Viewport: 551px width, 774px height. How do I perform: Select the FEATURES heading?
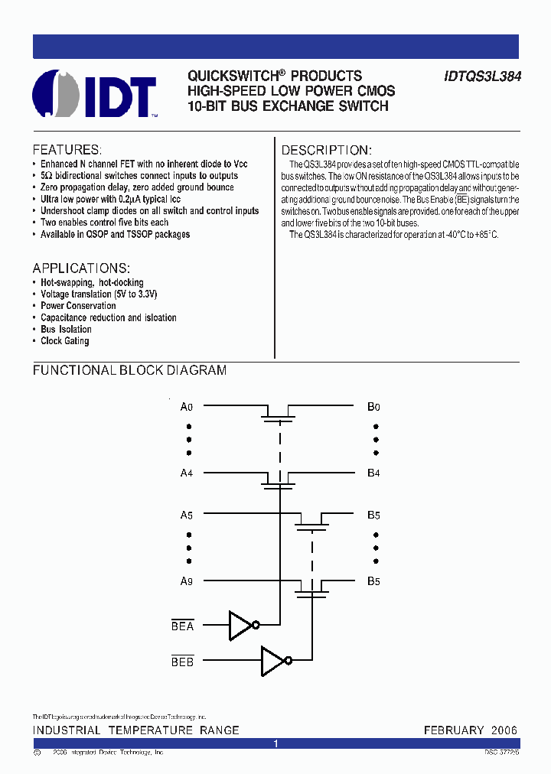pyautogui.click(x=67, y=150)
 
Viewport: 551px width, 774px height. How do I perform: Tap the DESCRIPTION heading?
pyautogui.click(x=326, y=150)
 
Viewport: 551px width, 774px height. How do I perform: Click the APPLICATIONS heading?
pyautogui.click(x=81, y=268)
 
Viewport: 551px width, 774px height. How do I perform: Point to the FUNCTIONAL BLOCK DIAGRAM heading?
pyautogui.click(x=129, y=370)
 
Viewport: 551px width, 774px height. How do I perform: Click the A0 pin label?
pyautogui.click(x=186, y=407)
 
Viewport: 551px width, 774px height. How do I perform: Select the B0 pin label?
pyautogui.click(x=373, y=407)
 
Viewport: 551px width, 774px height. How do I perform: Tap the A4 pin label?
pyautogui.click(x=186, y=473)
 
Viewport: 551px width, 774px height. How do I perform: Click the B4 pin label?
pyautogui.click(x=373, y=473)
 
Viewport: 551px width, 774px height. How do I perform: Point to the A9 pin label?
pyautogui.click(x=186, y=581)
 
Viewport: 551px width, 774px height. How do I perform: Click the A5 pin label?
pyautogui.click(x=186, y=515)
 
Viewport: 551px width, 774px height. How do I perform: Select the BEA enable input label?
pyautogui.click(x=183, y=626)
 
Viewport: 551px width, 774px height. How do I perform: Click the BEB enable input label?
pyautogui.click(x=183, y=662)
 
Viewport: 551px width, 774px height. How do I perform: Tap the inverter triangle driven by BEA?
pyautogui.click(x=240, y=625)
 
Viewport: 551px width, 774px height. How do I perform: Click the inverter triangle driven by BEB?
pyautogui.click(x=272, y=661)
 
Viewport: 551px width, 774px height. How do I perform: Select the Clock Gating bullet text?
pyautogui.click(x=65, y=341)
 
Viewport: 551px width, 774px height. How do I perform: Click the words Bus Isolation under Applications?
pyautogui.click(x=66, y=330)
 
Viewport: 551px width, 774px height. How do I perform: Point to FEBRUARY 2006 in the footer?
pyautogui.click(x=471, y=730)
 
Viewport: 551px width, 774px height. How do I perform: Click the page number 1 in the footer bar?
pyautogui.click(x=276, y=743)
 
